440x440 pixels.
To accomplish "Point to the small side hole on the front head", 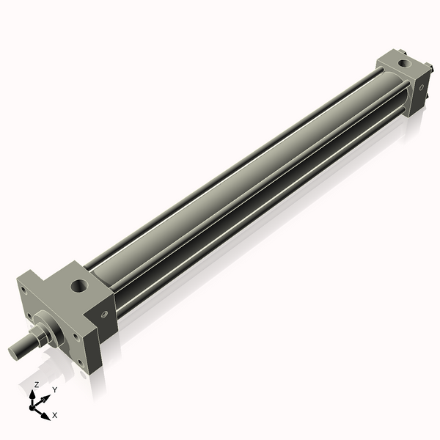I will click(104, 316).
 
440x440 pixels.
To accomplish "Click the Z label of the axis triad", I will click(37, 385).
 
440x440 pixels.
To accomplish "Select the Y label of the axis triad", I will click(54, 390).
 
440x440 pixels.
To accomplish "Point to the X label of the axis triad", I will click(55, 415).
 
